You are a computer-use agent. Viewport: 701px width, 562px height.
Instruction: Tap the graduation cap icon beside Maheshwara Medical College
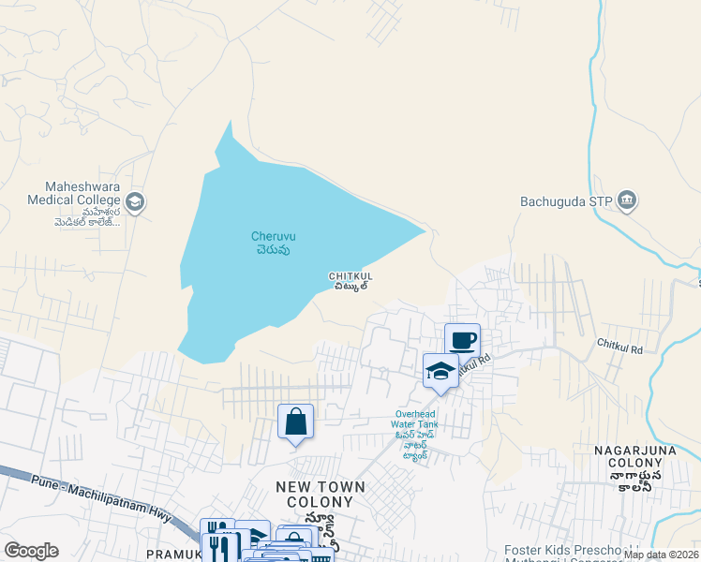(135, 201)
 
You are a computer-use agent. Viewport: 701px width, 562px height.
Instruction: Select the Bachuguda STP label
(568, 200)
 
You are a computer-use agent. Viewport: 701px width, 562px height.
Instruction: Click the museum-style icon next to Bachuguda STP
(628, 200)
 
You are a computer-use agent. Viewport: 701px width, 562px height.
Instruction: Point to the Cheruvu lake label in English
(274, 236)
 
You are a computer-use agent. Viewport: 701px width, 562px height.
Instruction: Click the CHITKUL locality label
(350, 275)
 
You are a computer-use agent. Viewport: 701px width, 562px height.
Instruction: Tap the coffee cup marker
(462, 339)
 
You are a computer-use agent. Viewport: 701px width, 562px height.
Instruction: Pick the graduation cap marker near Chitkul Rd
(440, 371)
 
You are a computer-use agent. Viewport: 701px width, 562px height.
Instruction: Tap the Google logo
(31, 551)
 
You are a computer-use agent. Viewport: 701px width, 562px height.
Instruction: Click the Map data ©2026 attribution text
(660, 555)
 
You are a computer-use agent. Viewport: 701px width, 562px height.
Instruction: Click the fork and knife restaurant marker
(220, 545)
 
